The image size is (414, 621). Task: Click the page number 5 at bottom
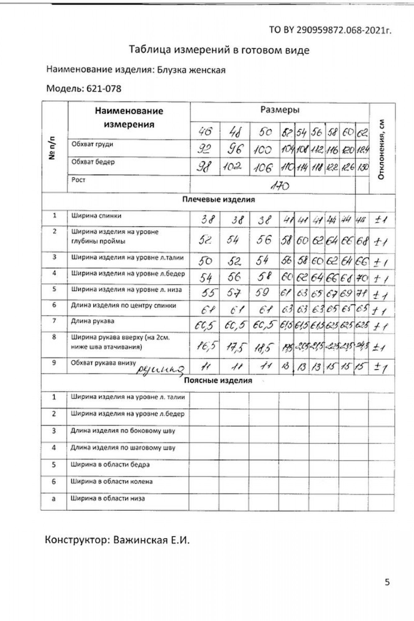coord(387,582)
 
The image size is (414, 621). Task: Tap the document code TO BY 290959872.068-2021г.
coord(330,30)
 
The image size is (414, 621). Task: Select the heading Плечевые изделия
coord(218,200)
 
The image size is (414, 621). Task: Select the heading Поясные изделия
coord(218,380)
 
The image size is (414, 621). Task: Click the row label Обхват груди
coord(92,144)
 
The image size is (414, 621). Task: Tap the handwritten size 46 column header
coord(205,132)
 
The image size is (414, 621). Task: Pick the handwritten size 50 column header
coord(265,132)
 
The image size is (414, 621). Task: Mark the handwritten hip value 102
coord(233,167)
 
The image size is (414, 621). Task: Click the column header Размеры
coord(280,110)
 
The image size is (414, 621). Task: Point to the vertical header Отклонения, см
coord(382,149)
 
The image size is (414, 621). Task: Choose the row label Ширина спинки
coord(96,215)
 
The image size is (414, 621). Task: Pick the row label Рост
coord(78,180)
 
